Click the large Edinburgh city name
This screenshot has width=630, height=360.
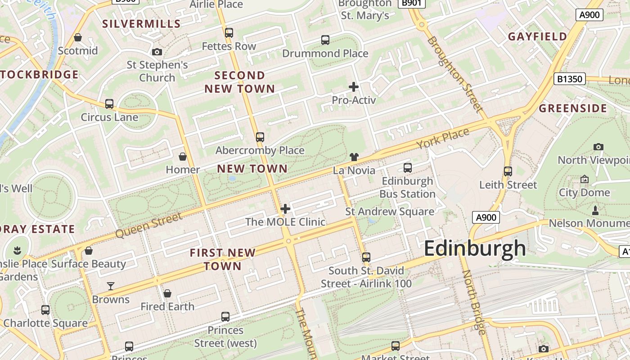click(x=475, y=248)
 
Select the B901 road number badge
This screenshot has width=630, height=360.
click(x=411, y=3)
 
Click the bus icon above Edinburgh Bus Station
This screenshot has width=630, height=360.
click(x=408, y=168)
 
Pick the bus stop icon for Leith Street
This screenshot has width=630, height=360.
click(x=508, y=171)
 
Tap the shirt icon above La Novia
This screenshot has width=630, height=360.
click(x=354, y=157)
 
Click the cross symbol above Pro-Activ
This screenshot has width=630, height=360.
click(x=354, y=87)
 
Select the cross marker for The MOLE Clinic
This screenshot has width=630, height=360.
click(x=285, y=209)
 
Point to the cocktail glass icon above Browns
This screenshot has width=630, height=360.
click(x=111, y=286)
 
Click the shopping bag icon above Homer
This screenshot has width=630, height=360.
click(x=183, y=157)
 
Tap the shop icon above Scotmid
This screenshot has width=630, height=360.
click(x=78, y=37)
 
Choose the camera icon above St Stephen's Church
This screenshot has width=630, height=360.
click(x=157, y=52)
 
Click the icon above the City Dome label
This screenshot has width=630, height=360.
click(x=585, y=179)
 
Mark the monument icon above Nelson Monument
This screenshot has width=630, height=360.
click(x=595, y=210)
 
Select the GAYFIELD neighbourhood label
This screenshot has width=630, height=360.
click(x=537, y=37)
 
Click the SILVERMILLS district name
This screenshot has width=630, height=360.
click(x=141, y=24)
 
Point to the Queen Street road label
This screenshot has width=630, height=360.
click(x=149, y=225)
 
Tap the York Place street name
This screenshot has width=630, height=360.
click(x=443, y=138)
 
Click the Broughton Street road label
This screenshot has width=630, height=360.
click(x=454, y=75)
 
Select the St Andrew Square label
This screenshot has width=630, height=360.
click(x=390, y=211)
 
